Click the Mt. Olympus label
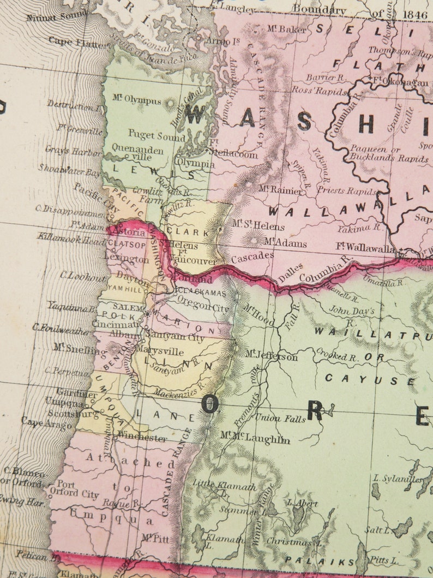[x=137, y=100]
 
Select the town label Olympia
[x=195, y=163]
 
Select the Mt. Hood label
[x=258, y=315]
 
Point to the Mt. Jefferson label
[x=271, y=356]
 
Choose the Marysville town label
[x=159, y=352]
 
